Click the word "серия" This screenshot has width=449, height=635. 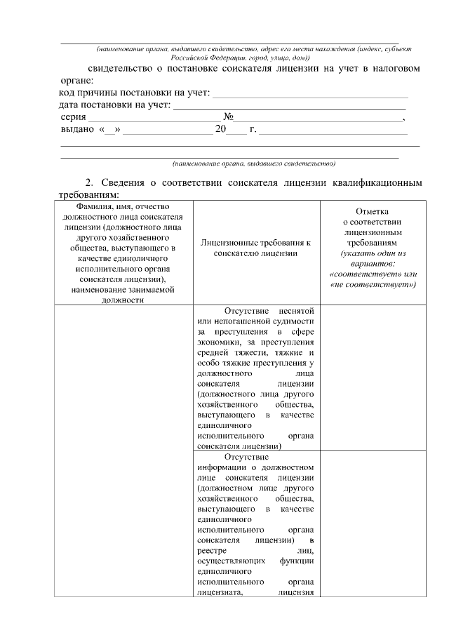pos(72,117)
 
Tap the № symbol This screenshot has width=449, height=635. pos(227,117)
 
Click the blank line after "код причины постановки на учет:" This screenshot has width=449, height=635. pos(310,94)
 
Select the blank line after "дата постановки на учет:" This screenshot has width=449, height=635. pos(289,106)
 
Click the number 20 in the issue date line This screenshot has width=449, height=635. pos(221,130)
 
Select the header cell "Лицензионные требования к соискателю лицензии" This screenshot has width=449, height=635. pos(255,247)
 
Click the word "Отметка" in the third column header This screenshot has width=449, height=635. pos(372,210)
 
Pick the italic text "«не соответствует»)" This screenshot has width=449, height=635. pos(373,284)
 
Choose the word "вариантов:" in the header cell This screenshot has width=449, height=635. pos(372,262)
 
